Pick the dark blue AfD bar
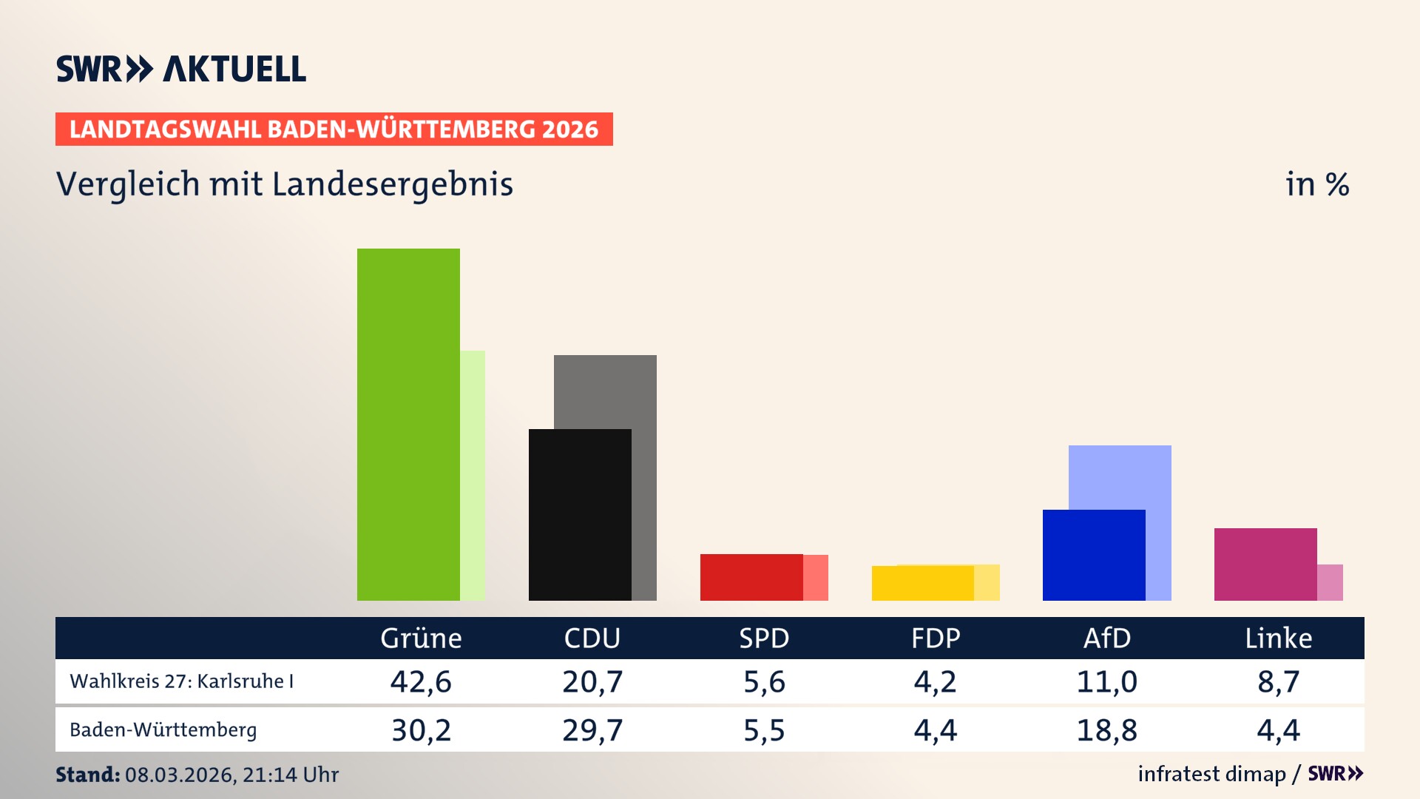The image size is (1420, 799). click(x=1094, y=555)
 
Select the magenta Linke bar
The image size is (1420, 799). click(x=1265, y=564)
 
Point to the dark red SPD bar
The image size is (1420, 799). click(x=751, y=577)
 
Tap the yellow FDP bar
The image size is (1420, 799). click(x=922, y=583)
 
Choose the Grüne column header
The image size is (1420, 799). click(x=421, y=638)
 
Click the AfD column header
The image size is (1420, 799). click(x=1107, y=638)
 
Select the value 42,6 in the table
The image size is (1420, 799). click(x=421, y=681)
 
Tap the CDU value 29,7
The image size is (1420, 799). click(x=592, y=730)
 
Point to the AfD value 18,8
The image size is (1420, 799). click(x=1107, y=730)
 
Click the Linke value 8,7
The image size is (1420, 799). click(x=1278, y=681)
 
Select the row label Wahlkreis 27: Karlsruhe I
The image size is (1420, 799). click(x=182, y=681)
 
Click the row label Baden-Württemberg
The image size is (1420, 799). click(x=163, y=730)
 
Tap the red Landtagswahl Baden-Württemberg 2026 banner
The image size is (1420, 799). click(x=334, y=129)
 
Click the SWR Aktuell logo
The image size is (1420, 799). click(x=181, y=69)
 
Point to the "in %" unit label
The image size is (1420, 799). click(x=1317, y=184)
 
